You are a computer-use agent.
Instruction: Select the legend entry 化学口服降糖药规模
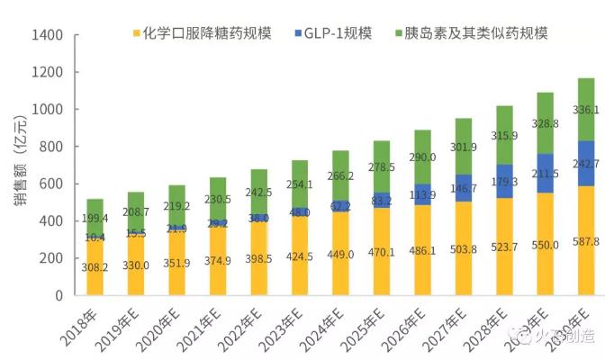click(x=203, y=33)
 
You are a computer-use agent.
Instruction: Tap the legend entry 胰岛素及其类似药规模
click(x=476, y=33)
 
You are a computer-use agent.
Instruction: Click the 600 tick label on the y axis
click(x=50, y=184)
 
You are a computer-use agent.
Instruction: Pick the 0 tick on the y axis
click(x=59, y=295)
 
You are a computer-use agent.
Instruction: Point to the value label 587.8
click(x=588, y=241)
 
